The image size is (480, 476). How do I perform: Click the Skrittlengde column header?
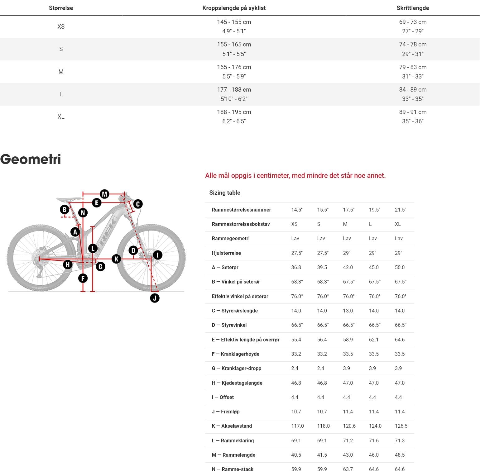pyautogui.click(x=413, y=8)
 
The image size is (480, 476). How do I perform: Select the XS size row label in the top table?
pyautogui.click(x=61, y=26)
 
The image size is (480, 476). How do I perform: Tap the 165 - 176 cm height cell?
pyautogui.click(x=234, y=67)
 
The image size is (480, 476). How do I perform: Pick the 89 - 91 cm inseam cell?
pyautogui.click(x=413, y=112)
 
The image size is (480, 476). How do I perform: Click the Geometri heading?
pyautogui.click(x=31, y=159)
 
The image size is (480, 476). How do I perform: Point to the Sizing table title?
pyautogui.click(x=225, y=193)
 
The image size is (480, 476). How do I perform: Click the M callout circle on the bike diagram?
pyautogui.click(x=104, y=194)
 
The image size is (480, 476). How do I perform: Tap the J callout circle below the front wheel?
pyautogui.click(x=155, y=298)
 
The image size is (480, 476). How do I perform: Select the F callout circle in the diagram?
pyautogui.click(x=83, y=278)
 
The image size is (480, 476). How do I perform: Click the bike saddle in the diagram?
pyautogui.click(x=69, y=199)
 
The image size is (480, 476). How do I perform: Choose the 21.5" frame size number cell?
pyautogui.click(x=400, y=210)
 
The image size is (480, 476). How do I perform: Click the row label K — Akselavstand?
pyautogui.click(x=232, y=426)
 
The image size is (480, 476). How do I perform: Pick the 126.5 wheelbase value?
pyautogui.click(x=401, y=426)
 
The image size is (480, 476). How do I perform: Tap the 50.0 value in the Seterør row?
pyautogui.click(x=400, y=268)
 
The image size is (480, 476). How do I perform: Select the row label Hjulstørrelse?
pyautogui.click(x=226, y=253)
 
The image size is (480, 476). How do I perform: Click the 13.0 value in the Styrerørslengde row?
pyautogui.click(x=348, y=311)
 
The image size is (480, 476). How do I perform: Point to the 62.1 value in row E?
pyautogui.click(x=374, y=340)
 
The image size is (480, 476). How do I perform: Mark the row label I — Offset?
pyautogui.click(x=223, y=397)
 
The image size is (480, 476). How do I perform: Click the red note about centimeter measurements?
pyautogui.click(x=295, y=176)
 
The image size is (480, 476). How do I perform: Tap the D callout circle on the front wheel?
pyautogui.click(x=133, y=250)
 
